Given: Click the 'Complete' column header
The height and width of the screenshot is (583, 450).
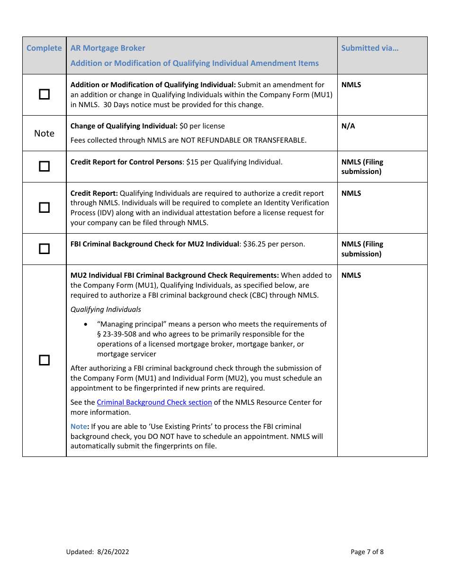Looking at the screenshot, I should click(44, 48).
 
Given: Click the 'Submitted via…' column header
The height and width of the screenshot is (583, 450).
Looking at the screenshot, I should click(369, 48).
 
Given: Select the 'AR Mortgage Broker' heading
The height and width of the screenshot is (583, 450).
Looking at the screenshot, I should click(108, 48).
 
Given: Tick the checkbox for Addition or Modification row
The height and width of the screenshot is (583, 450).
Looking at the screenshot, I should click(44, 94).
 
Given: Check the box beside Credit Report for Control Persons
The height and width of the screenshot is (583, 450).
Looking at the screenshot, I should click(44, 166).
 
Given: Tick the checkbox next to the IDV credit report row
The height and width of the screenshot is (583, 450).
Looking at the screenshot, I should click(44, 208).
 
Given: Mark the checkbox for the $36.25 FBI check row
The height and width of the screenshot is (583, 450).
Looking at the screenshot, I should click(44, 248).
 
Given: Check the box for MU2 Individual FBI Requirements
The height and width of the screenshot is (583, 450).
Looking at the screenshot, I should click(44, 360).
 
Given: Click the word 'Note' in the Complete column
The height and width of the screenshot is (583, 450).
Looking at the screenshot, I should click(44, 133).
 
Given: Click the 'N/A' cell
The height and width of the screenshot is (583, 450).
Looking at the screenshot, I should click(348, 126).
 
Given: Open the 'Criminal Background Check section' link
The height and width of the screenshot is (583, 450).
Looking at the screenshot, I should click(154, 402).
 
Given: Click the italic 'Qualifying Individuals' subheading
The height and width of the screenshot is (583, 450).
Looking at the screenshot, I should click(106, 310).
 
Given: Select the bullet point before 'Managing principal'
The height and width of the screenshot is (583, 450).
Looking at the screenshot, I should click(85, 325).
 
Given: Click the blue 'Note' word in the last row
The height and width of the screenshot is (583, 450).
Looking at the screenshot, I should click(79, 427).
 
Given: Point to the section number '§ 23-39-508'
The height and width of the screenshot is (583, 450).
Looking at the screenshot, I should click(117, 334).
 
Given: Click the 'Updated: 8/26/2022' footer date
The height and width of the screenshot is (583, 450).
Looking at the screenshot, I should click(98, 552).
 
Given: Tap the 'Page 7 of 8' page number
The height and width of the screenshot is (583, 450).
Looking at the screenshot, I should click(367, 552).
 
